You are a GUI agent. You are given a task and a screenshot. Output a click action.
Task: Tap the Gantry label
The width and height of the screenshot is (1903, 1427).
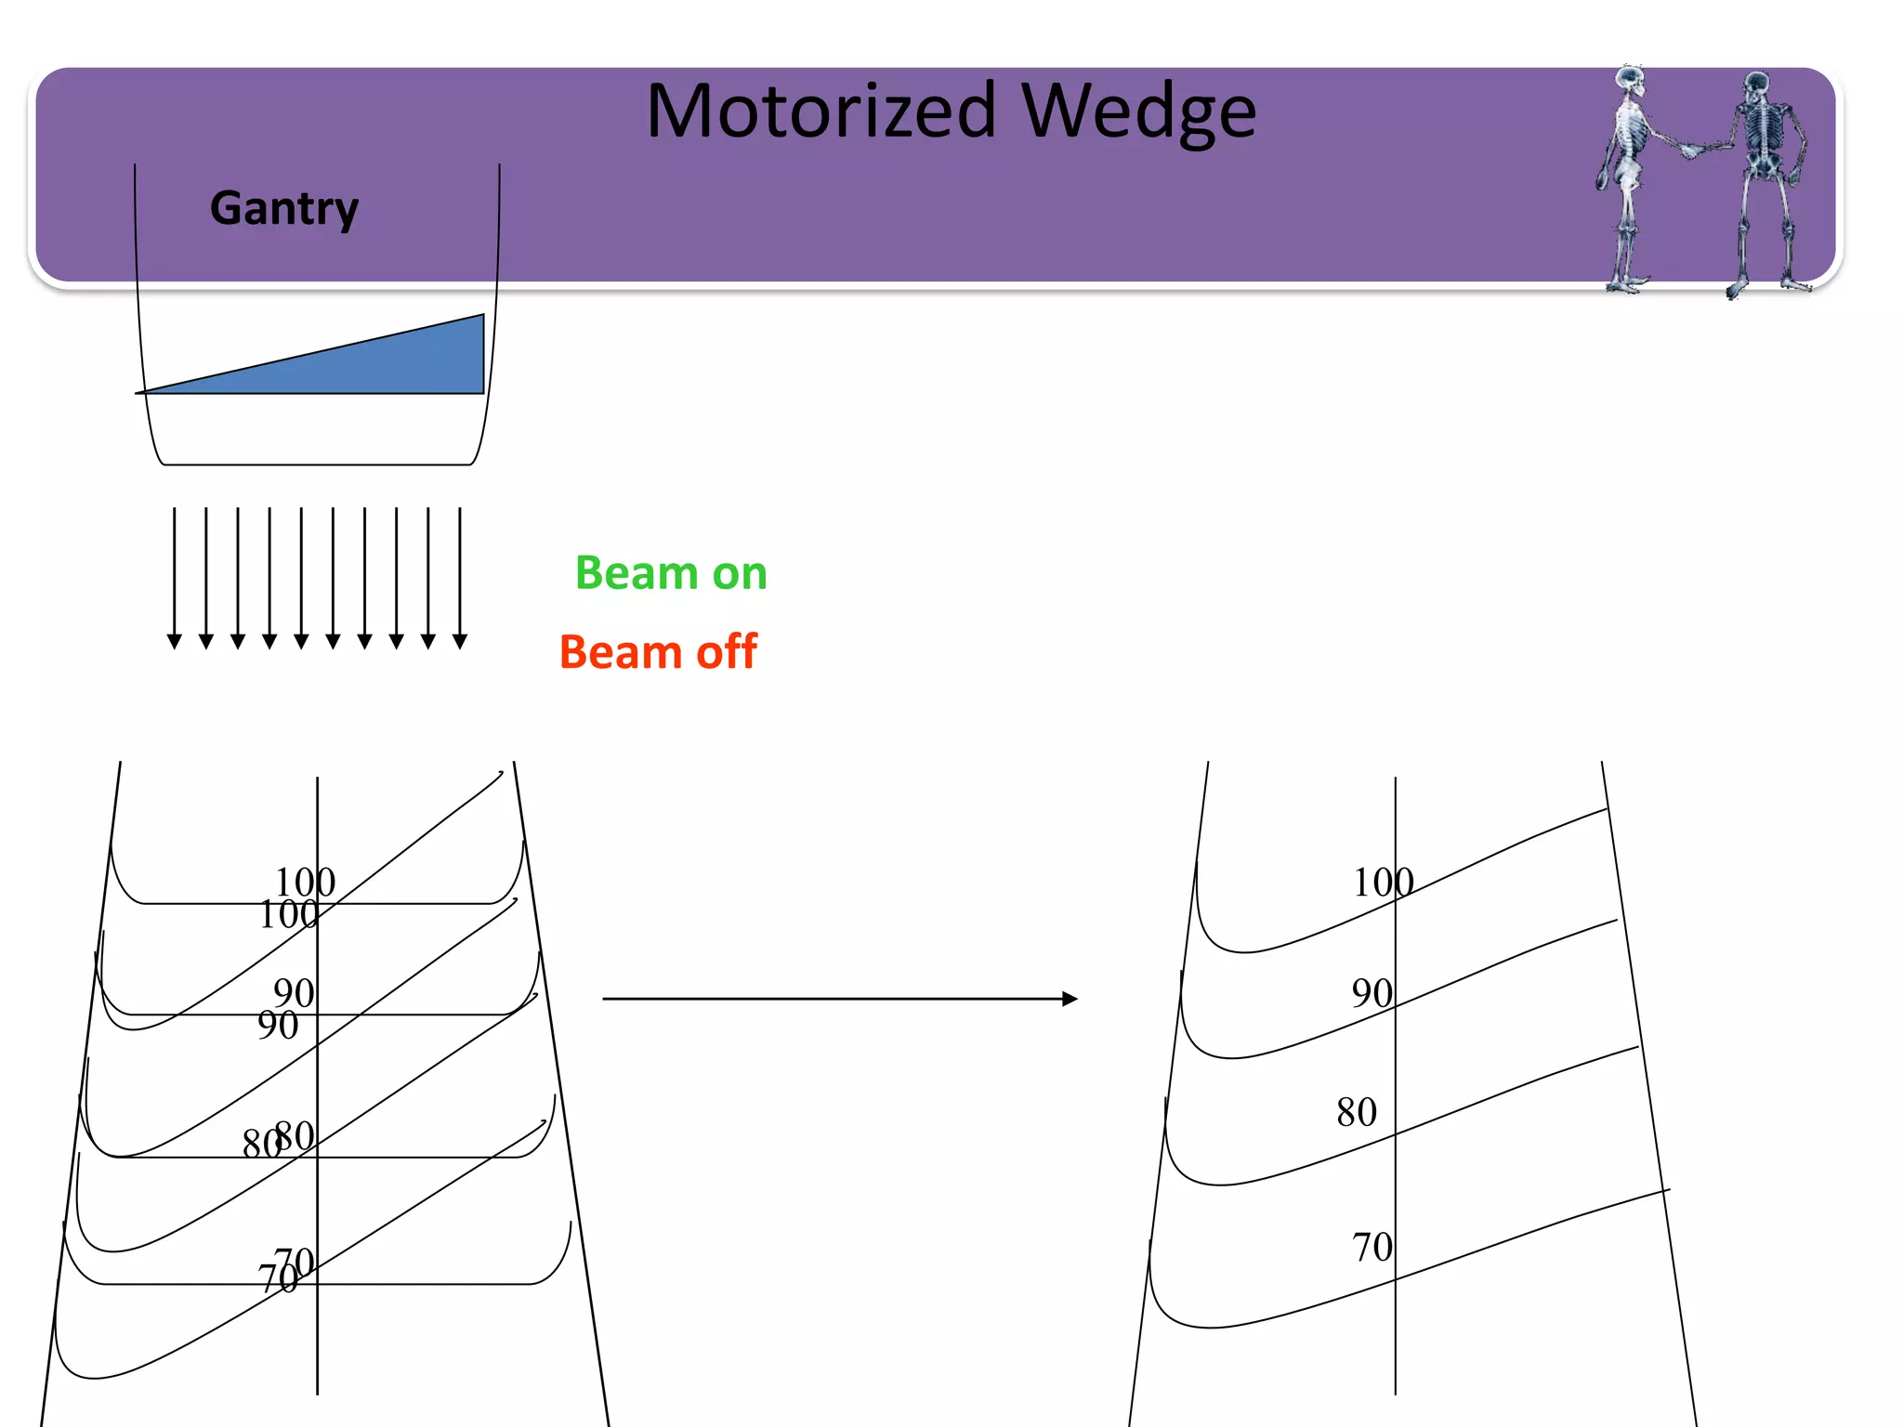[284, 208]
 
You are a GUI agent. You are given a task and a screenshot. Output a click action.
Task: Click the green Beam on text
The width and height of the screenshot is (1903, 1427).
[671, 572]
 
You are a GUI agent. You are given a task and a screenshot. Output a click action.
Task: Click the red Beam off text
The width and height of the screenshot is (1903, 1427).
[658, 651]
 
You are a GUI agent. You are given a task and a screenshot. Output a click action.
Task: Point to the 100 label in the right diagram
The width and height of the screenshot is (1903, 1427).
[1382, 883]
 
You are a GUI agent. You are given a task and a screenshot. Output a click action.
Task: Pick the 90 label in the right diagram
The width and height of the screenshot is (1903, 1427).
[1371, 993]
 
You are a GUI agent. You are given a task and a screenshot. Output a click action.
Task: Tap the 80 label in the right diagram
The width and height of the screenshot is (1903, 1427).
[1356, 1112]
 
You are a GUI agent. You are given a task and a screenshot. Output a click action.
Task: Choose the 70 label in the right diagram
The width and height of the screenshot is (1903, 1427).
[1371, 1247]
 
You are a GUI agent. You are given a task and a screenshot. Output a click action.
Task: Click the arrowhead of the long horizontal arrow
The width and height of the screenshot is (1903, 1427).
[1070, 999]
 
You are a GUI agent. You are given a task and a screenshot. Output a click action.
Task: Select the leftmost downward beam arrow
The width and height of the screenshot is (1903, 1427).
[174, 576]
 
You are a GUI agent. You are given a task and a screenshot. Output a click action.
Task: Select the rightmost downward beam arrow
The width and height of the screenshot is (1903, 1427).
[460, 576]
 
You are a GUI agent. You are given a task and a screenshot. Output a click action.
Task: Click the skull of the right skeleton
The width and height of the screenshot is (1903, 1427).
[1755, 86]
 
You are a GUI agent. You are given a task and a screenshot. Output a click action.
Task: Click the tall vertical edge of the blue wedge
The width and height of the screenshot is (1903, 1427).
[483, 354]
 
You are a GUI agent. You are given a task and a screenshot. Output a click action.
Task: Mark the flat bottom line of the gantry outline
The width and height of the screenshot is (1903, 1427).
[316, 465]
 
